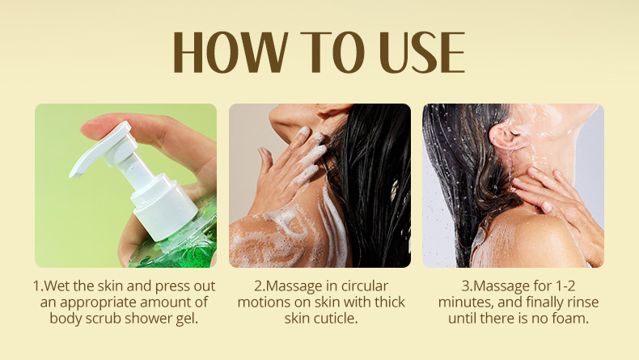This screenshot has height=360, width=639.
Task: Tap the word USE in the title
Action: pyautogui.click(x=421, y=53)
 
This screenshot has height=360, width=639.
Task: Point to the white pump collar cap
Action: pyautogui.click(x=160, y=206)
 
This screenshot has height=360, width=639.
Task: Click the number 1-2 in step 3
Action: pyautogui.click(x=565, y=286)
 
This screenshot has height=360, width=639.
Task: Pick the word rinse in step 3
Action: pyautogui.click(x=582, y=302)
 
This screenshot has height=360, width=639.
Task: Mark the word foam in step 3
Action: pyautogui.click(x=571, y=319)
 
